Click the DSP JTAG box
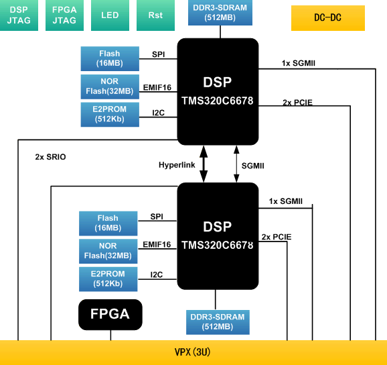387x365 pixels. pyautogui.click(x=19, y=15)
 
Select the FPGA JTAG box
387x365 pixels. pyautogui.click(x=64, y=15)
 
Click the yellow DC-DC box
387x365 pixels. pyautogui.click(x=327, y=18)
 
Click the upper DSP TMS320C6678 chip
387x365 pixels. pyautogui.click(x=218, y=89)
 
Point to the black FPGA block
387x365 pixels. pyautogui.click(x=110, y=314)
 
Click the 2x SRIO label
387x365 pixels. pyautogui.click(x=50, y=157)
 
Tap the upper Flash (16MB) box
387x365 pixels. pyautogui.click(x=108, y=58)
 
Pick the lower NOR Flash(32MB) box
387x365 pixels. pyautogui.click(x=108, y=252)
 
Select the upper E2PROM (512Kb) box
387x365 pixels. pyautogui.click(x=108, y=115)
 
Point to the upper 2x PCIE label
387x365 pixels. pyautogui.click(x=297, y=103)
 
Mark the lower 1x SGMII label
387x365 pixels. pyautogui.click(x=286, y=201)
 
